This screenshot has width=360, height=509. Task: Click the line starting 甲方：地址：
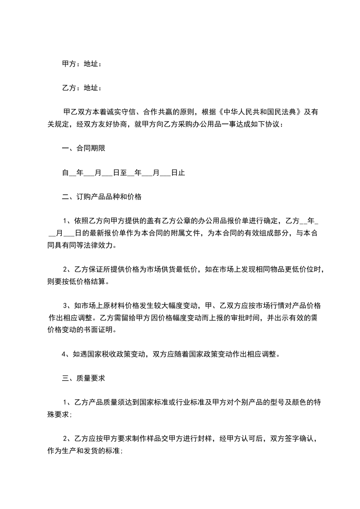tap(81, 64)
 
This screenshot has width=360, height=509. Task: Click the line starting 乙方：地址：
tap(81, 88)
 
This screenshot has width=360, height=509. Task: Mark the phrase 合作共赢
tap(157, 112)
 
